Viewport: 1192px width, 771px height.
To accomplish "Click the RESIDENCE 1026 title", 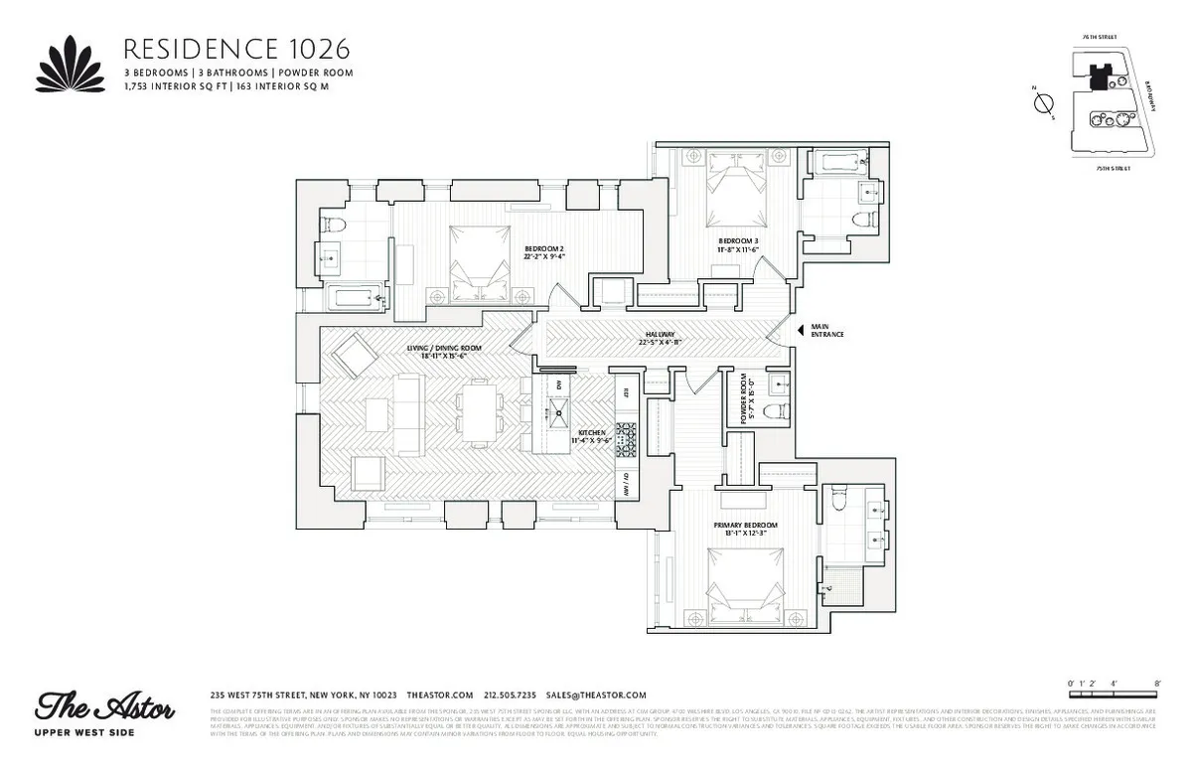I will click(x=235, y=50).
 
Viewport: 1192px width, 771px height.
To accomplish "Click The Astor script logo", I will click(x=106, y=708).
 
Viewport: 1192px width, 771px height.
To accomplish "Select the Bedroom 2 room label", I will click(x=543, y=252).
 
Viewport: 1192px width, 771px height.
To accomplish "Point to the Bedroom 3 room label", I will click(x=738, y=244).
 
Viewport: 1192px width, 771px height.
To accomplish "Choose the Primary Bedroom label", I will click(x=744, y=528).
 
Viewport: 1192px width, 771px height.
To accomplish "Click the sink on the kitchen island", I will click(x=558, y=410).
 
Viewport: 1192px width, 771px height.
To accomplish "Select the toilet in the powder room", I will click(x=780, y=408).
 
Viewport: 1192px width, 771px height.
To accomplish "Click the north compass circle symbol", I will click(x=1043, y=104).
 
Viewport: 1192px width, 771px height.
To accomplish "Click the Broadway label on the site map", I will click(x=1149, y=95).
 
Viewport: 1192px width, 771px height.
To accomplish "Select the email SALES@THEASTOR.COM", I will click(x=596, y=695).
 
